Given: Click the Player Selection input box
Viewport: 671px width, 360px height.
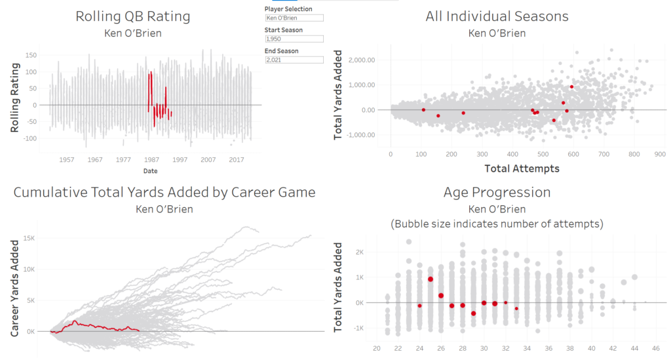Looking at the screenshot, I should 294,18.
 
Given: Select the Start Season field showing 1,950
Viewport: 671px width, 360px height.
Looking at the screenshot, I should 294,39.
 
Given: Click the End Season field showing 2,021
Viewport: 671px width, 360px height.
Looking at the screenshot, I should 294,60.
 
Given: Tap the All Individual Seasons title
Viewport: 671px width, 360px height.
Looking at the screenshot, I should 497,16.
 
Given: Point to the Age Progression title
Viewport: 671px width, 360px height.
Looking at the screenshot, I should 497,192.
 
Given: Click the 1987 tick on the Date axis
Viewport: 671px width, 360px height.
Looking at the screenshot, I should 151,159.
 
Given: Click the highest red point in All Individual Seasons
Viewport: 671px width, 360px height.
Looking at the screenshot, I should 571,87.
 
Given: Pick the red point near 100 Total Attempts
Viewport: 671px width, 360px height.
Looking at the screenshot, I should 423,110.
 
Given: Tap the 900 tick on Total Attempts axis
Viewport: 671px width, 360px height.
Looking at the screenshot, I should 659,155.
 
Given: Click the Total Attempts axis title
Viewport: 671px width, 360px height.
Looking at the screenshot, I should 522,169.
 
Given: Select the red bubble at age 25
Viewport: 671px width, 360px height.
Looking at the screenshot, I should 431,279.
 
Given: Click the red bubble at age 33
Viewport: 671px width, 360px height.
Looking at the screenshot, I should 516,308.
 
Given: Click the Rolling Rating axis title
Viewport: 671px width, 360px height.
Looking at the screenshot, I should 16,98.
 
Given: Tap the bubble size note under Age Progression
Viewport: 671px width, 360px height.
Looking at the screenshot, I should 497,224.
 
